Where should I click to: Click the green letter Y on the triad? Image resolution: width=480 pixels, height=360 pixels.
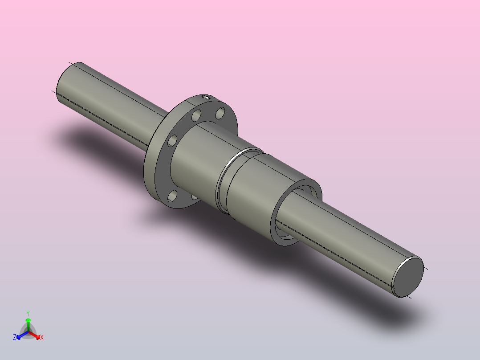click(x=28, y=313)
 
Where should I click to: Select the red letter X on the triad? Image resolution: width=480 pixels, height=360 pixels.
click(x=42, y=338)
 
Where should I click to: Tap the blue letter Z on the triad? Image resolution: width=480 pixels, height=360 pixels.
click(x=15, y=337)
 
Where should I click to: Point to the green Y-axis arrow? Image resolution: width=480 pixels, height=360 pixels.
click(x=28, y=322)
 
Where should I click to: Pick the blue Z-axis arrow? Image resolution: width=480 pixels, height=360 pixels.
click(x=20, y=335)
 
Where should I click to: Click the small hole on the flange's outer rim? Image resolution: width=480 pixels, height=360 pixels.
click(x=205, y=97)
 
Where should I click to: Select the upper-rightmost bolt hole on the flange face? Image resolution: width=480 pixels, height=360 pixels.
click(x=220, y=113)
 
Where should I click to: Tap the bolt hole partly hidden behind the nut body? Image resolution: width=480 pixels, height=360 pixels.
click(x=194, y=196)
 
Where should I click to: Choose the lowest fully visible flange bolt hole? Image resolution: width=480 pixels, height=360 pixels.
click(x=172, y=196)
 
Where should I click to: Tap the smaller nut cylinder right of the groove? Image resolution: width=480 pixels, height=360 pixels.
click(x=254, y=196)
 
